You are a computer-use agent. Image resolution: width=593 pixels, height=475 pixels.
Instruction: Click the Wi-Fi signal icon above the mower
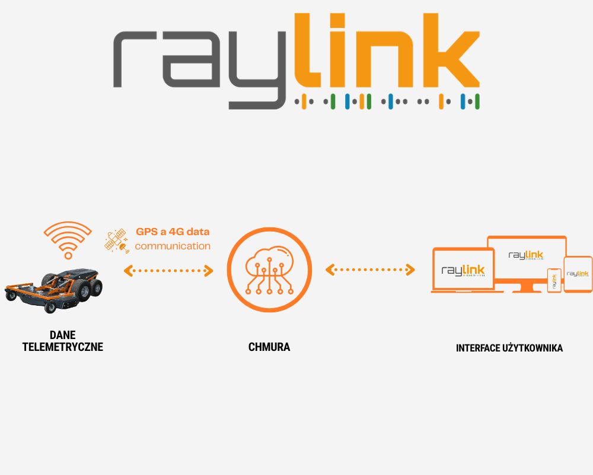tap(68, 239)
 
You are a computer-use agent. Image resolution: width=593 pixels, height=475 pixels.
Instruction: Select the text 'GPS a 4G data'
tap(173, 232)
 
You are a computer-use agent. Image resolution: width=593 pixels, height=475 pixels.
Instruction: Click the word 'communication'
tap(173, 246)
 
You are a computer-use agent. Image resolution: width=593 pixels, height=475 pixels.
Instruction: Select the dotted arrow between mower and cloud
tap(168, 271)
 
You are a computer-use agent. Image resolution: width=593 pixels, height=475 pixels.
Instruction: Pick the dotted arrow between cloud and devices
tap(370, 270)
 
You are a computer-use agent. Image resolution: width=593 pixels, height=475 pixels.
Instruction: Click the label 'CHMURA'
tap(269, 347)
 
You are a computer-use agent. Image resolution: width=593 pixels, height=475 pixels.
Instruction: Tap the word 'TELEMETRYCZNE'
tap(62, 347)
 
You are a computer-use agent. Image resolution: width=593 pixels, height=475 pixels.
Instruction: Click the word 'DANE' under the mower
tap(62, 335)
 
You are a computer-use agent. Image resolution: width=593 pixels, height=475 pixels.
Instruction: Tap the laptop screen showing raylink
tap(463, 270)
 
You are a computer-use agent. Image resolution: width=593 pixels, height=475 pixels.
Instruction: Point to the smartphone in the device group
tap(554, 280)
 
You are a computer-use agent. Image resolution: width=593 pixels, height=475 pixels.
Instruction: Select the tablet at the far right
tap(578, 274)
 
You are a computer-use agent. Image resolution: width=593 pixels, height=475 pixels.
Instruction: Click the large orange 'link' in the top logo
tap(385, 53)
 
